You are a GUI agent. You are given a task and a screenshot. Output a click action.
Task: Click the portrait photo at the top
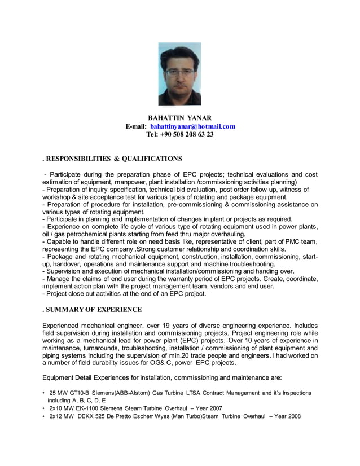click(x=179, y=74)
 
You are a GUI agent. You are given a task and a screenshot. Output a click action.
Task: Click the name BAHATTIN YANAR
click(x=180, y=117)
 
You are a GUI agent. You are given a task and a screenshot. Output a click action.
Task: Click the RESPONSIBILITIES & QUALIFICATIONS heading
click(x=112, y=159)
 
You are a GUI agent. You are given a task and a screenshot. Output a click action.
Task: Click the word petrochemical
click(x=86, y=234)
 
